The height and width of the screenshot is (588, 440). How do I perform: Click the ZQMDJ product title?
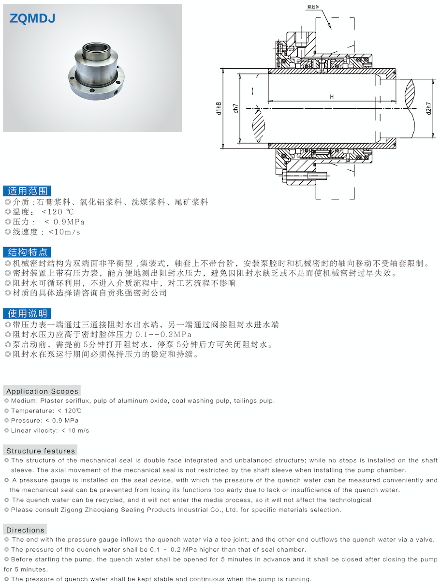point(32,18)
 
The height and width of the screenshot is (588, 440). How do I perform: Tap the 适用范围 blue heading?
point(27,191)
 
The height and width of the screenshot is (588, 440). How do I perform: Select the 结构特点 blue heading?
point(27,252)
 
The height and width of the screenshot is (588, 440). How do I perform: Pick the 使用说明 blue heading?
point(27,313)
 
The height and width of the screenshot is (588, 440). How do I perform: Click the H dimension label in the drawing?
point(332,97)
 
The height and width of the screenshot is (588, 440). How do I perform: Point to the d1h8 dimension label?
point(219,109)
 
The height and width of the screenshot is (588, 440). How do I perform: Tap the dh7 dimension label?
point(235,109)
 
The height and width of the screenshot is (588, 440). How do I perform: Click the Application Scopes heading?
point(42,391)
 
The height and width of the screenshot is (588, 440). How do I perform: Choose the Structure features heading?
point(41,451)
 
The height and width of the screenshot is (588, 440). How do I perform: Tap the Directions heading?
point(25,530)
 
